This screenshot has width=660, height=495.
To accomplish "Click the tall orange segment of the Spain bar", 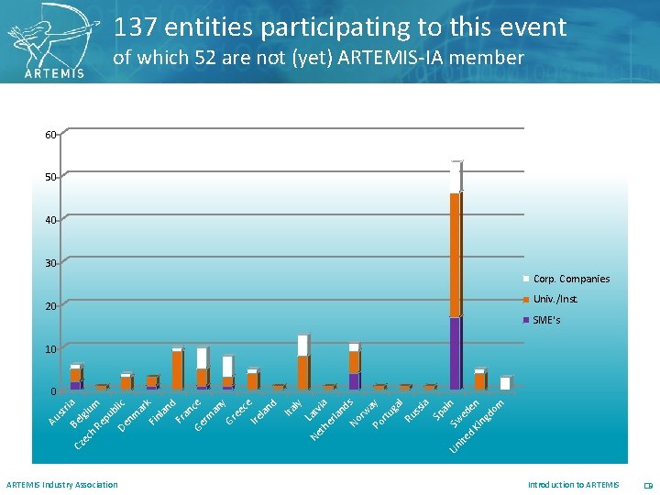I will click(455, 255).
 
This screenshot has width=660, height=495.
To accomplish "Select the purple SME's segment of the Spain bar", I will click(455, 353).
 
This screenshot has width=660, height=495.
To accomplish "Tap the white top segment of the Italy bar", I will click(302, 346).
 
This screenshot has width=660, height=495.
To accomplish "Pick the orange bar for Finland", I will click(177, 369).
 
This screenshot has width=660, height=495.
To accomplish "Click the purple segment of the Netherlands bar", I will click(354, 380).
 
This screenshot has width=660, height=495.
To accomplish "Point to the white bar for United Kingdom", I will click(505, 383).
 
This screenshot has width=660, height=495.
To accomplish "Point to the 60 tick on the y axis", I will click(50, 135).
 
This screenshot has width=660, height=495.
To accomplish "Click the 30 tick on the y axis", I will click(50, 263).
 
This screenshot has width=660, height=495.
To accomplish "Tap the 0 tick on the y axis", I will click(53, 392).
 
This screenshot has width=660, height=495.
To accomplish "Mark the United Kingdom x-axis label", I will click(477, 426).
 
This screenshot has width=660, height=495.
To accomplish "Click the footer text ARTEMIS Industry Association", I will click(62, 485).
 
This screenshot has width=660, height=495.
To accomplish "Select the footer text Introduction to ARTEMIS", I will click(573, 485).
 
